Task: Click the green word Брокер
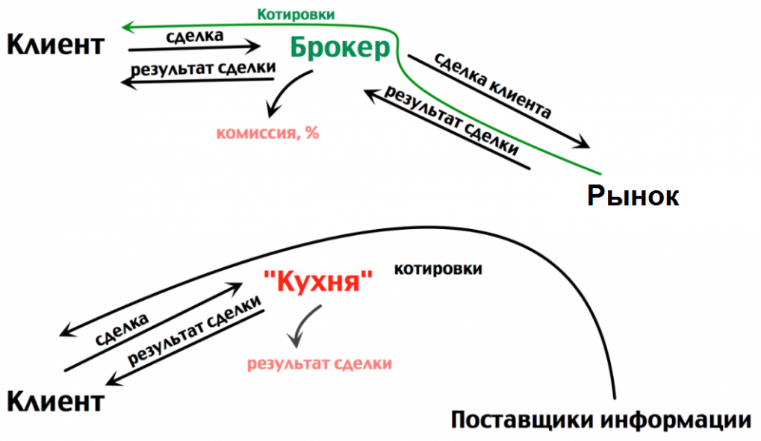click(x=340, y=48)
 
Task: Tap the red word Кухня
click(x=318, y=281)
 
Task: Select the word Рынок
click(x=633, y=196)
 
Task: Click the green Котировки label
click(x=296, y=15)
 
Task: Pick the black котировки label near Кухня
click(x=438, y=269)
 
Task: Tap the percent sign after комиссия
click(x=313, y=132)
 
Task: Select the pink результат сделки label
click(x=320, y=364)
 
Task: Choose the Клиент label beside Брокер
click(x=55, y=45)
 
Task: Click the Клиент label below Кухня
click(x=55, y=401)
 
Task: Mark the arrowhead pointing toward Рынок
click(x=582, y=143)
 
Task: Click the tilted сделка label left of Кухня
click(x=121, y=330)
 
